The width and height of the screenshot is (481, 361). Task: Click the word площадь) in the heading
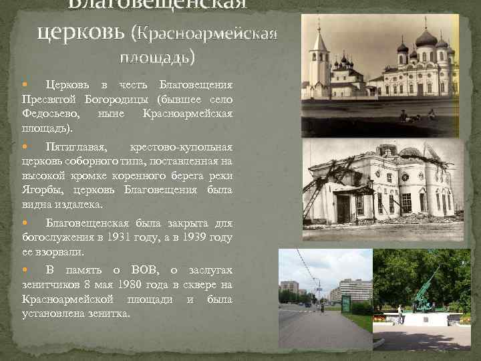(158, 56)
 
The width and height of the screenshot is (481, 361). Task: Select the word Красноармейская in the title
(208, 33)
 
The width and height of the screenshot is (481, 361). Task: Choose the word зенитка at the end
(108, 314)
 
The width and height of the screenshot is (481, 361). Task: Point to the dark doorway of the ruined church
(343, 209)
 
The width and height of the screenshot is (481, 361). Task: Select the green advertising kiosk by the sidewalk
(346, 304)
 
